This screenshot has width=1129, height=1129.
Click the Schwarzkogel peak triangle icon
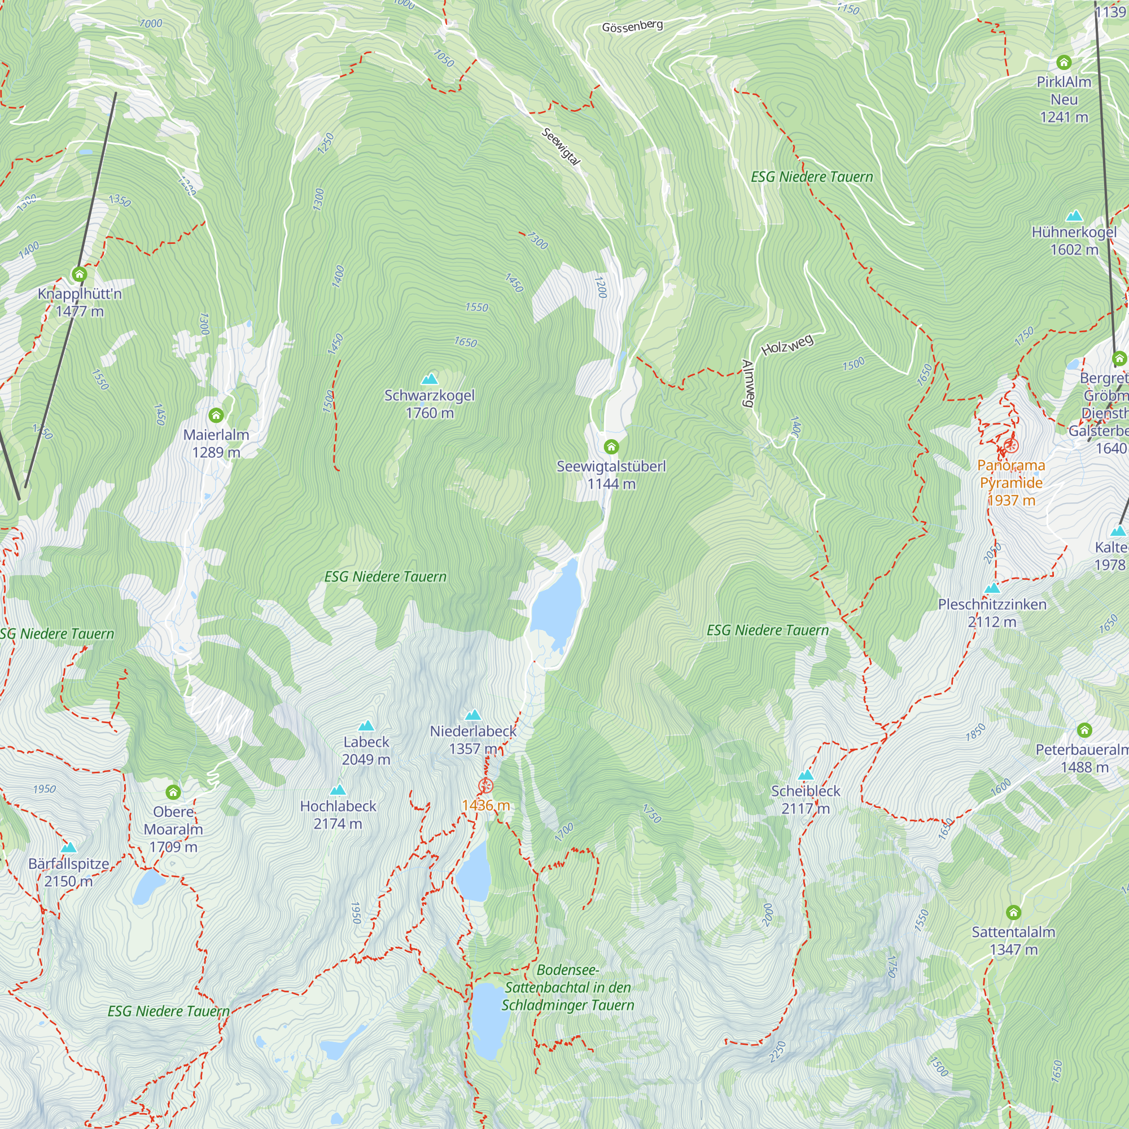[430, 379]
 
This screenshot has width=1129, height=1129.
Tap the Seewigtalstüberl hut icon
[611, 447]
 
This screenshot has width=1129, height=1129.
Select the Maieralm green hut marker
[216, 415]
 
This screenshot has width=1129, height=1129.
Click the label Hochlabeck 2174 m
[338, 814]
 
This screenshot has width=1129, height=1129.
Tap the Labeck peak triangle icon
[366, 726]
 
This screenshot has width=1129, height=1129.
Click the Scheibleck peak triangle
[806, 775]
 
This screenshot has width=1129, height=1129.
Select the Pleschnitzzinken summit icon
[992, 588]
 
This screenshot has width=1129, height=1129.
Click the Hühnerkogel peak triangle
[1074, 216]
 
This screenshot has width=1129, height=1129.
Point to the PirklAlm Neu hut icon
[1064, 62]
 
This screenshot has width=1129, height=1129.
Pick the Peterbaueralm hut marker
[1084, 729]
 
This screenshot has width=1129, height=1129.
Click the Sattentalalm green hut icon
[1013, 912]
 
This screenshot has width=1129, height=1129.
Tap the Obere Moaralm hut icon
[173, 792]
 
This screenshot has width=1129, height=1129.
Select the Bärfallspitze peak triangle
[69, 847]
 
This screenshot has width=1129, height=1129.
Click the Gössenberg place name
[632, 27]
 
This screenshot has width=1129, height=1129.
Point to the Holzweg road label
[787, 345]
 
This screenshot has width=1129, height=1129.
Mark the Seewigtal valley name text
[561, 146]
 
